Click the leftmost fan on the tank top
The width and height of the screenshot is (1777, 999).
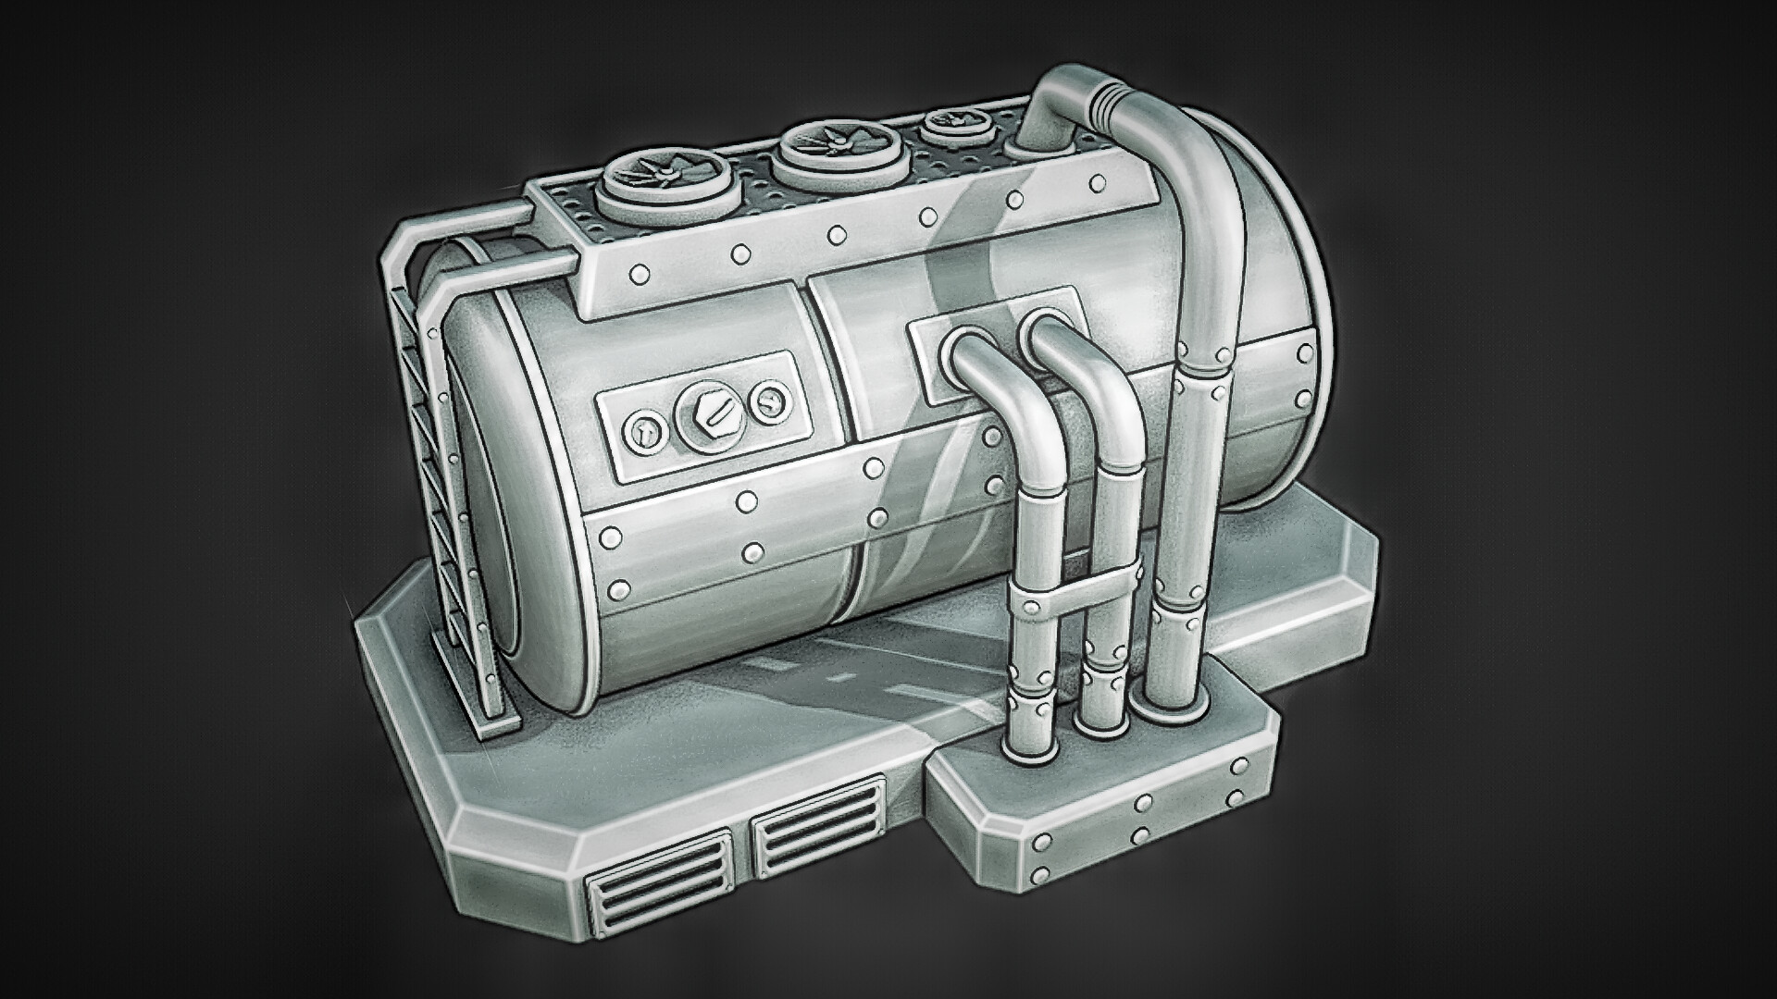pyautogui.click(x=652, y=174)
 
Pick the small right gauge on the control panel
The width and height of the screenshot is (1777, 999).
pyautogui.click(x=768, y=401)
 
